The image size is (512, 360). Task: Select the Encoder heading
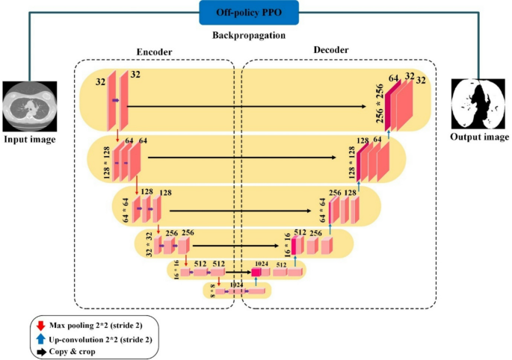[x=154, y=52]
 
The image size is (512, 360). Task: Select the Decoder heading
[x=332, y=50]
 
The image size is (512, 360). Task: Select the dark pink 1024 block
[x=256, y=272]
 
